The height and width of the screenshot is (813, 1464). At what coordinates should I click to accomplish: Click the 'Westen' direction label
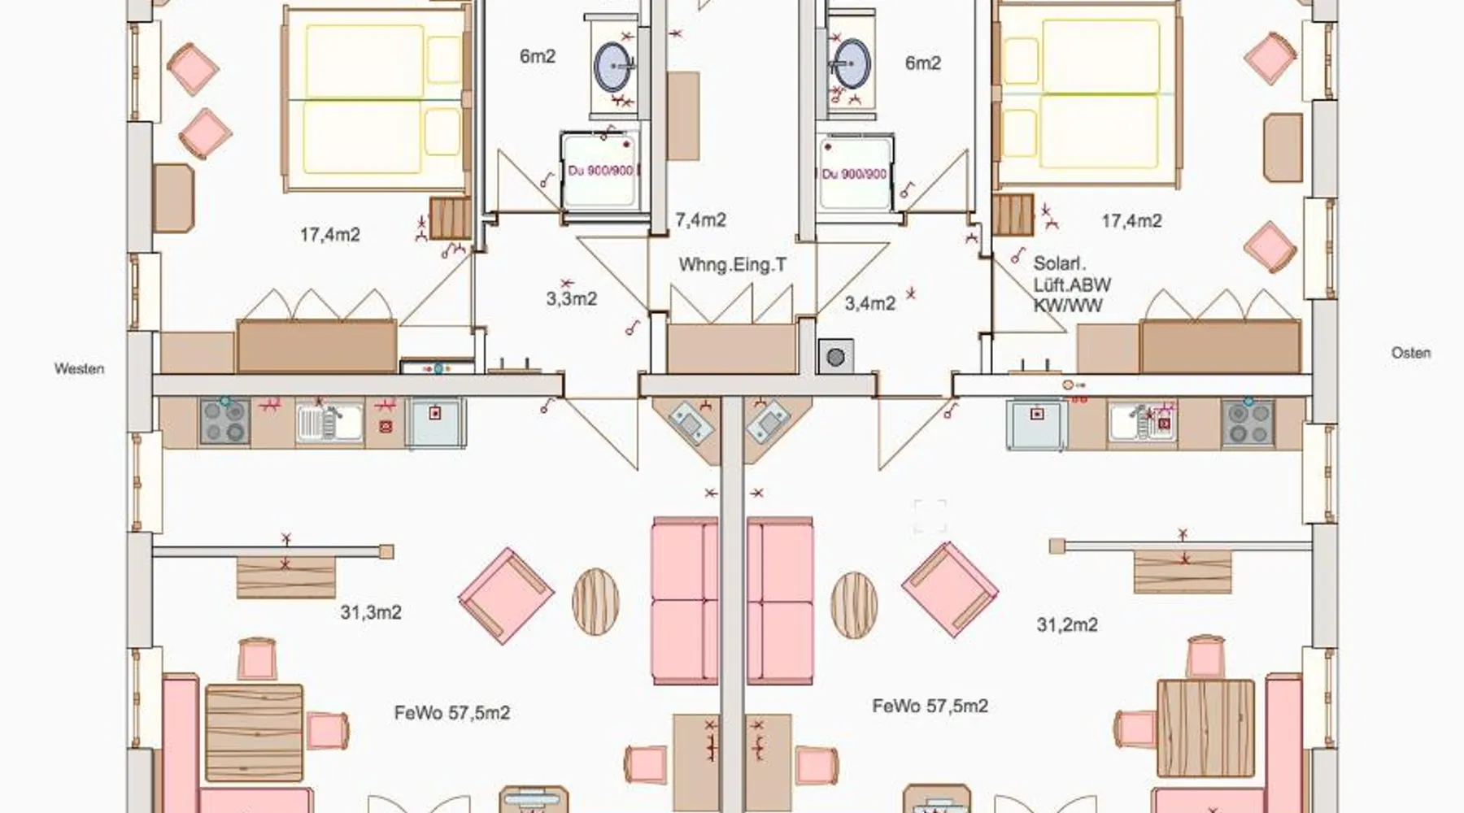79,368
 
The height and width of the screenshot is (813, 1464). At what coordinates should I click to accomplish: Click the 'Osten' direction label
1411,353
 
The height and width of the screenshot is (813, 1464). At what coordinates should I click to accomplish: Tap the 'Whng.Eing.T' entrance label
733,265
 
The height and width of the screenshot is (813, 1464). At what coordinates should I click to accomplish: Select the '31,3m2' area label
371,612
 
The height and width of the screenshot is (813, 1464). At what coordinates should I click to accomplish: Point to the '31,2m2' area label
1067,624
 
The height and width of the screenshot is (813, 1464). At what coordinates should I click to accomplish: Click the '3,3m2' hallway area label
572,298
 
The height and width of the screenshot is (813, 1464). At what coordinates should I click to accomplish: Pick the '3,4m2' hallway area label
870,303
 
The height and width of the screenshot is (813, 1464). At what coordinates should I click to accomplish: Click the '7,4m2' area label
701,220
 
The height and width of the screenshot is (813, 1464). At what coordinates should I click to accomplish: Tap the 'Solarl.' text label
1060,263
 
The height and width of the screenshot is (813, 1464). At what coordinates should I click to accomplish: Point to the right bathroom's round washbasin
851,63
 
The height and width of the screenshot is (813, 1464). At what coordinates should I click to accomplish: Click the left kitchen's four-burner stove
224,421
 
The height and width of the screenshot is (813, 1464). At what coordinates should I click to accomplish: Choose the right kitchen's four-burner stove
1247,422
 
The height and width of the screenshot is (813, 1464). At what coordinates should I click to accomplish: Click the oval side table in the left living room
595,602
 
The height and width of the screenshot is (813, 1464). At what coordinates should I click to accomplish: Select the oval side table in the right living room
854,605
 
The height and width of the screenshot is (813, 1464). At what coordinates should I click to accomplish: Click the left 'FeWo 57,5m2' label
452,713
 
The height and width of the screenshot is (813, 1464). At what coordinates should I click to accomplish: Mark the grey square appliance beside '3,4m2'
835,356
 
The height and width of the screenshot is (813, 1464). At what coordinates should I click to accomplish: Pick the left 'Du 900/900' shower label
600,172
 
